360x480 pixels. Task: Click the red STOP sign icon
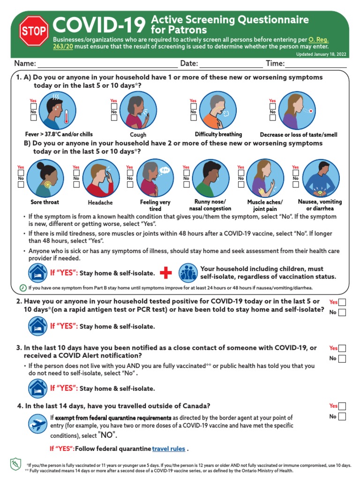point(34,31)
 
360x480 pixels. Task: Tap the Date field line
point(231,64)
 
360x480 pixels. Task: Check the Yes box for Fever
point(33,106)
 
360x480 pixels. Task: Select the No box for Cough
point(114,119)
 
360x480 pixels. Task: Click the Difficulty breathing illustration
point(218,111)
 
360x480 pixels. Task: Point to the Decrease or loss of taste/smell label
point(298,135)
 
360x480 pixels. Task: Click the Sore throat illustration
point(45,179)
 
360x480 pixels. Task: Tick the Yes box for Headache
point(76,173)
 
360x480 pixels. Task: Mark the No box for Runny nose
point(186,185)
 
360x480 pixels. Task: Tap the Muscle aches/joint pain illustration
point(265,179)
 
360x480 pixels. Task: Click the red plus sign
point(166,273)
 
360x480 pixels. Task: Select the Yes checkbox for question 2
point(342,302)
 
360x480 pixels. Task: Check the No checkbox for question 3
point(342,359)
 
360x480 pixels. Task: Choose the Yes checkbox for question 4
point(342,406)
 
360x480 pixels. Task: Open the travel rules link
point(168,449)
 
